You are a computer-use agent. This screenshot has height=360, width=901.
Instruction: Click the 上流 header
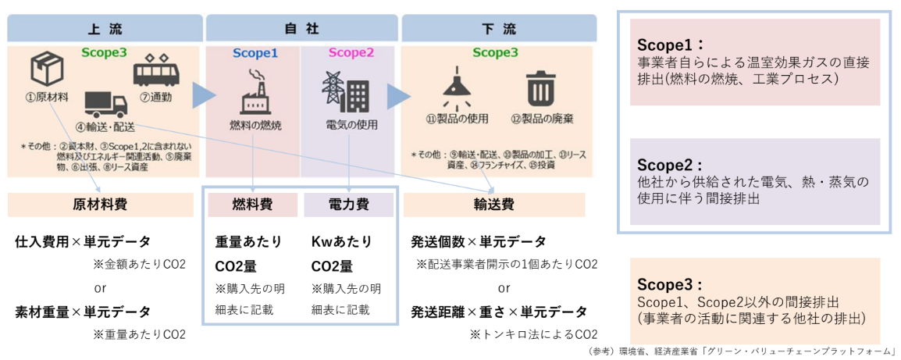pos(105,29)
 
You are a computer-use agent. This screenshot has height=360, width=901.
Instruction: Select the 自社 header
pos(301,29)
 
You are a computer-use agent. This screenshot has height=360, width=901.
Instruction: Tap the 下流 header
pos(499,29)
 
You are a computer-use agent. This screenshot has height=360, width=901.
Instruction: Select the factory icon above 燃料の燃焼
pos(255,93)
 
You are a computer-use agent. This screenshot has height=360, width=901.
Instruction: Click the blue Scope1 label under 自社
pos(255,54)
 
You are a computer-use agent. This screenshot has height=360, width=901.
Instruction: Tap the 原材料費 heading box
pos(100,205)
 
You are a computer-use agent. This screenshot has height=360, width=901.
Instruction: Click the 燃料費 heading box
pos(252,205)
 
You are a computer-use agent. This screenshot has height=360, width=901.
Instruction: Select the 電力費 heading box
pos(348,205)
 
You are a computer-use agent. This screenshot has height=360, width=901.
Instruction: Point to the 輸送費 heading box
pos(493,205)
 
